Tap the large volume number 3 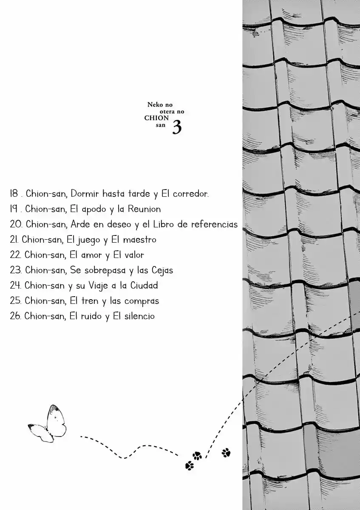point(177,127)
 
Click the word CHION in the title point(156,118)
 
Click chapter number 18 point(14,193)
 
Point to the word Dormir point(85,193)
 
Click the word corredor point(190,194)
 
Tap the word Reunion point(144,209)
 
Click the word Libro point(164,224)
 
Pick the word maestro point(139,240)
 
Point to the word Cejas point(162,270)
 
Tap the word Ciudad point(144,285)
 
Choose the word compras point(142,301)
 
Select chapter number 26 point(15,316)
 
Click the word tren point(90,301)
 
